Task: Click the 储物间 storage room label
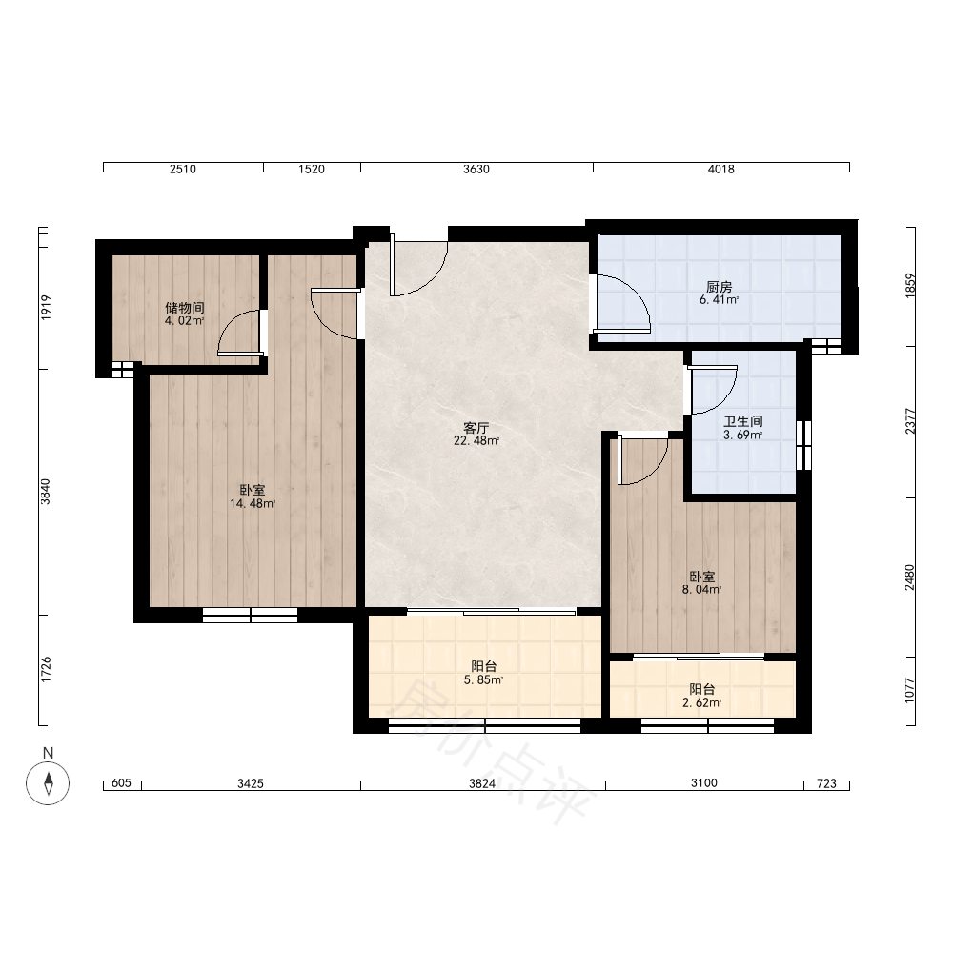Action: (x=185, y=308)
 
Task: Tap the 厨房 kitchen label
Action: (x=719, y=287)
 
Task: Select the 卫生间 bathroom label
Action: (x=742, y=421)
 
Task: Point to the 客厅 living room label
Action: (x=476, y=428)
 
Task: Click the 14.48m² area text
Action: (x=253, y=503)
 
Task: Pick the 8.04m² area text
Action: (x=702, y=590)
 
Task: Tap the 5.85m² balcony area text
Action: (x=483, y=680)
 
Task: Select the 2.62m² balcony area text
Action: (x=702, y=703)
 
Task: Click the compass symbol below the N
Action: (x=48, y=782)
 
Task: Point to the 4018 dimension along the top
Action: (x=720, y=170)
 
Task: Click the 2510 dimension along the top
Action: (x=183, y=170)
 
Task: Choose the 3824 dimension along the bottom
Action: (x=482, y=784)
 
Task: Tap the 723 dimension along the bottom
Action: (x=826, y=784)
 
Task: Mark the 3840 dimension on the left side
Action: (x=46, y=492)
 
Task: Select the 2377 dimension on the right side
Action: (x=910, y=421)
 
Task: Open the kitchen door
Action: (x=621, y=304)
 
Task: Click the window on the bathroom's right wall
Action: (x=803, y=445)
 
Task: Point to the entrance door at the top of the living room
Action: (x=419, y=266)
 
